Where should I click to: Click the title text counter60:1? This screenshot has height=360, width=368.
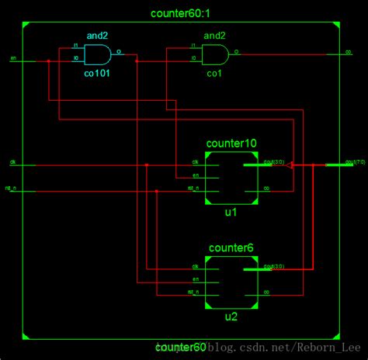pyautogui.click(x=182, y=14)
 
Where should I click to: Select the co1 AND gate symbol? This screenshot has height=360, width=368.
pyautogui.click(x=214, y=54)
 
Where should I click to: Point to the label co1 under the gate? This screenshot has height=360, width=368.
pyautogui.click(x=214, y=74)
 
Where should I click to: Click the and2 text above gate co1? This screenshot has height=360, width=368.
pyautogui.click(x=214, y=36)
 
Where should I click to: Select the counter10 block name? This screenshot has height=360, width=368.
pyautogui.click(x=231, y=144)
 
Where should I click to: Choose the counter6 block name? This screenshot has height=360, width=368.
pyautogui.click(x=231, y=248)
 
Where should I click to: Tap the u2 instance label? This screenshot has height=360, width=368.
pyautogui.click(x=231, y=316)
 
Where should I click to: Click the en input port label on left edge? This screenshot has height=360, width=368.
pyautogui.click(x=13, y=58)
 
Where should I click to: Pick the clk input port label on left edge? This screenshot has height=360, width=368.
pyautogui.click(x=13, y=162)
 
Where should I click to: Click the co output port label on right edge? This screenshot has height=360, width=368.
pyautogui.click(x=349, y=53)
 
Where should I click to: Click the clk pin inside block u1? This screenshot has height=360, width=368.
pyautogui.click(x=196, y=163)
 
